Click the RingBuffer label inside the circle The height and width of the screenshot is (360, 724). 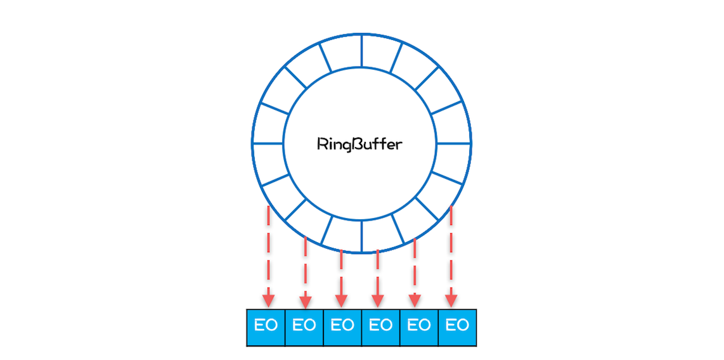coord(359,145)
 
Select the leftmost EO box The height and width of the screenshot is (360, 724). coord(266,327)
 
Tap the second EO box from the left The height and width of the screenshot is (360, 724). coord(304,327)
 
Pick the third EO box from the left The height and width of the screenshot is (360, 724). coord(342,327)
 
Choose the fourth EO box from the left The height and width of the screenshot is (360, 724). coord(380,327)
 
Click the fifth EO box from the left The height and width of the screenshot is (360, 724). coord(418,327)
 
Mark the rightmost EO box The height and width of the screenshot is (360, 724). coord(457,327)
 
